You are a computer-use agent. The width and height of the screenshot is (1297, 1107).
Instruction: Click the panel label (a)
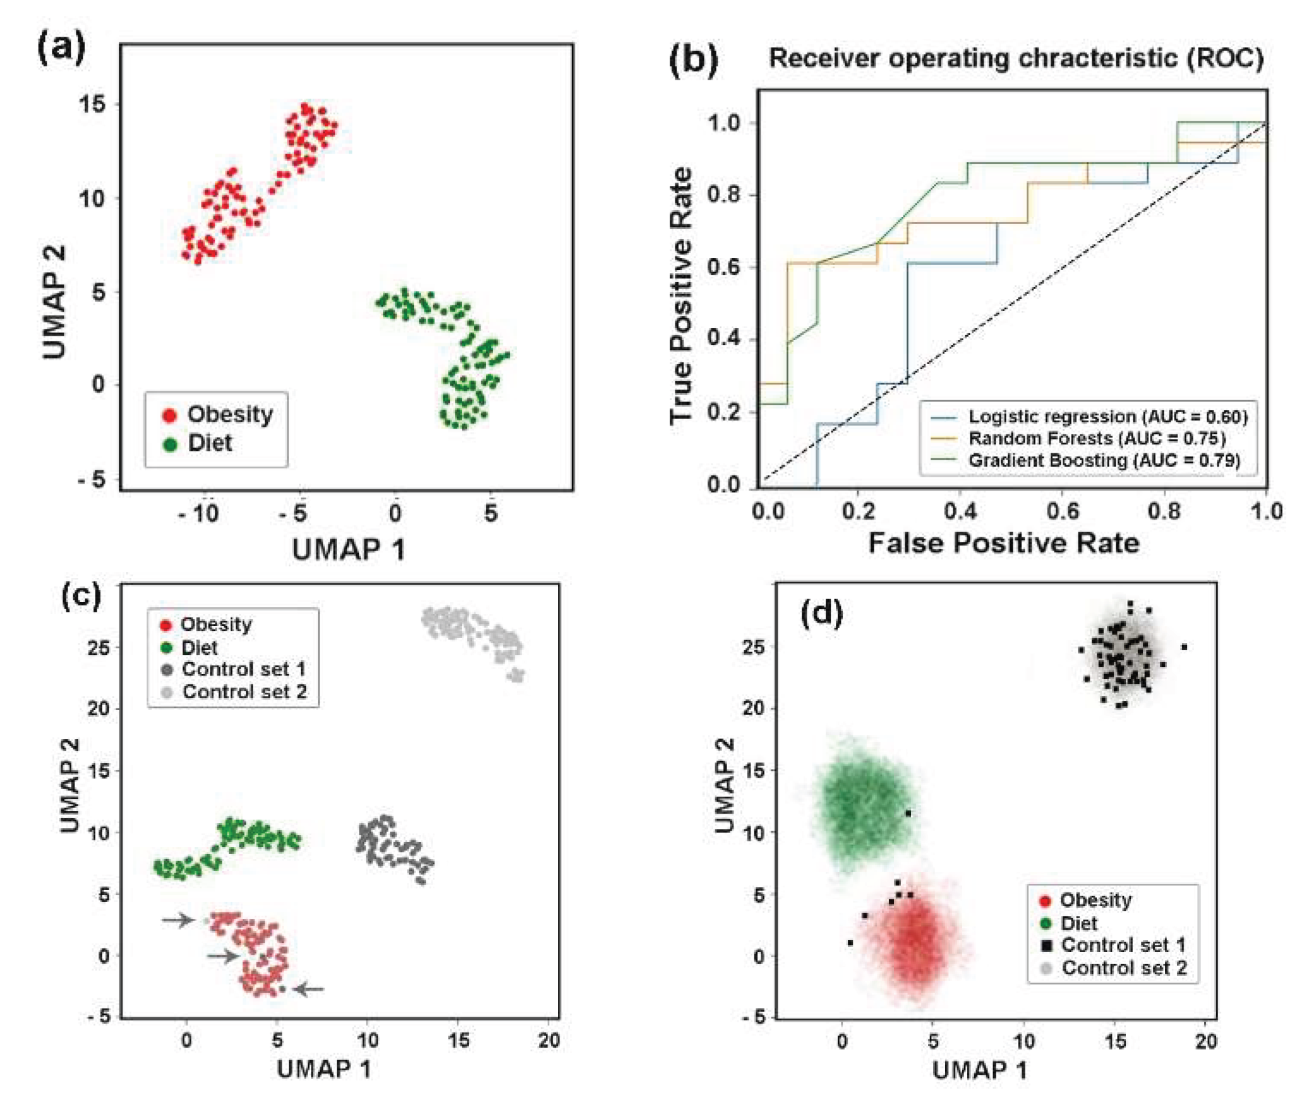tap(61, 49)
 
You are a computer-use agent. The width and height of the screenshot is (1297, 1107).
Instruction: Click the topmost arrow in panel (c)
tap(178, 920)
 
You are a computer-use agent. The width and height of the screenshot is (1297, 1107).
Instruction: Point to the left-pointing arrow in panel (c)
tap(310, 989)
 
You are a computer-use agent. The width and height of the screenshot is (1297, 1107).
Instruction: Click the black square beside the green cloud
tap(908, 813)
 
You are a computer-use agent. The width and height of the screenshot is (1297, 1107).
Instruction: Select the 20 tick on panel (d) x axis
tap(1205, 1041)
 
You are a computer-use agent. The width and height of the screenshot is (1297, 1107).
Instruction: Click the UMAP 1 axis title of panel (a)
tap(348, 549)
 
